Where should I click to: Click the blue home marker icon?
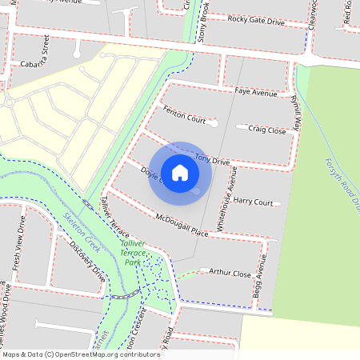(180, 172)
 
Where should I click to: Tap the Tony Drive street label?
(212, 159)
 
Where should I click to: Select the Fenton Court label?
(185, 118)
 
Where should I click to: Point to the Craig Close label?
(266, 129)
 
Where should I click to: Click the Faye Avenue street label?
(255, 92)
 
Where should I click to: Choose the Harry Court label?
(253, 202)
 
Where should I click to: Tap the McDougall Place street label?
(182, 224)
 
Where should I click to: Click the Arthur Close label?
(230, 273)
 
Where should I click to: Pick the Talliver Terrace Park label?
(132, 252)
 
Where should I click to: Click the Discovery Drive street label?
(87, 262)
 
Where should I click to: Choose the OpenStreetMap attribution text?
(80, 354)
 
